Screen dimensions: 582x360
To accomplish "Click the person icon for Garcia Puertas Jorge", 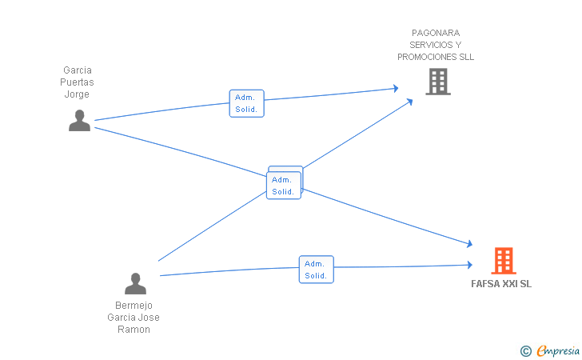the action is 79,120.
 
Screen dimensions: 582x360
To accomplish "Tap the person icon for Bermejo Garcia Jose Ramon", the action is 135,284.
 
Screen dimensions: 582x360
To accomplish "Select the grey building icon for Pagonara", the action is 438,82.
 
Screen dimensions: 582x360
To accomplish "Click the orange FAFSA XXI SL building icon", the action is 504,261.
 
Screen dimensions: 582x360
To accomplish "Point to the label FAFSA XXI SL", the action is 501,284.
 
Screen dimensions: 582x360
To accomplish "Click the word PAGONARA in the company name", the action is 436,33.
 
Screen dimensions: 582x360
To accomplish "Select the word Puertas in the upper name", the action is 77,82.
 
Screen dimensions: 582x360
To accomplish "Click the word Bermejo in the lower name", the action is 134,306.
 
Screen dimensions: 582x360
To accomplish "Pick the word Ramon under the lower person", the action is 134,330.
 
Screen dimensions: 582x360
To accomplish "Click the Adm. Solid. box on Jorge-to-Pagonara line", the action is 246,103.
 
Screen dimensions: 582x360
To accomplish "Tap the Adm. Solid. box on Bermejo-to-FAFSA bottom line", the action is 317,270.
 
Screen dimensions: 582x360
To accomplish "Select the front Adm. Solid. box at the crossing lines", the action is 284,186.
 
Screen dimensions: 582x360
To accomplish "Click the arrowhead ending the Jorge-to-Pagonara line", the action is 396,89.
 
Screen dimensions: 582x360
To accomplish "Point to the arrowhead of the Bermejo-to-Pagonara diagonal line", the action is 410,102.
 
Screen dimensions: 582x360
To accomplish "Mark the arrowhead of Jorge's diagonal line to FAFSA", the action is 470,244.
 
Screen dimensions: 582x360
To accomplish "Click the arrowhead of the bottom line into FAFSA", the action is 470,265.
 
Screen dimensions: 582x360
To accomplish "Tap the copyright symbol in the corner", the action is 525,351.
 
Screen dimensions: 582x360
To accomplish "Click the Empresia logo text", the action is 558,350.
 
